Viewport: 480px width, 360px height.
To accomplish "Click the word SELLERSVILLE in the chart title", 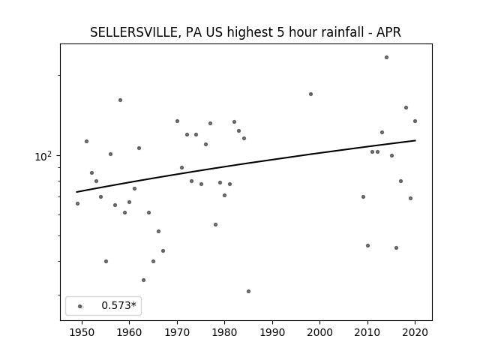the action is pos(133,32).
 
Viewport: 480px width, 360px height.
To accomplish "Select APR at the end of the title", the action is pos(388,32).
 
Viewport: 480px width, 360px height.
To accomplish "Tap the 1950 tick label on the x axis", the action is pos(82,332).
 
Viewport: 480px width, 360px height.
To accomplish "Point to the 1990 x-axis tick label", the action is pos(272,332).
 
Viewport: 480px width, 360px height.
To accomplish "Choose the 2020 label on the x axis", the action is pos(415,332).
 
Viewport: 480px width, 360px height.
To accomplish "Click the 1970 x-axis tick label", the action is pos(177,332).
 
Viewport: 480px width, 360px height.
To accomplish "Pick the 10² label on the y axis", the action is pos(43,156).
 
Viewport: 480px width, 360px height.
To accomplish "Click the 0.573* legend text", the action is pos(118,305).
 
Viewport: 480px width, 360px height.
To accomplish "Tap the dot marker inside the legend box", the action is pos(80,307).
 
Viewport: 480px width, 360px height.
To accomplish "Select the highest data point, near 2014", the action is pos(387,58).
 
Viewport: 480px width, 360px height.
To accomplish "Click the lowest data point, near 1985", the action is pos(248,292).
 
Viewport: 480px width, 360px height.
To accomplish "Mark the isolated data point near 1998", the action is pos(310,94).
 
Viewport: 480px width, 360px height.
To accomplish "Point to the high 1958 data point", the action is pos(120,100).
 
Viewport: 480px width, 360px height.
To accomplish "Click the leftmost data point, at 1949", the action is pos(77,203).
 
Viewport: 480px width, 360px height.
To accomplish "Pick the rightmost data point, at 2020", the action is pos(415,121).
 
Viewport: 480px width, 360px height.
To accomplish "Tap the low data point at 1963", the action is pos(143,280).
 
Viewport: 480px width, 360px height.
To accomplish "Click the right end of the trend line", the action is pos(415,140).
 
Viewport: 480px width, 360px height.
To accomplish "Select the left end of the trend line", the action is pos(76,192).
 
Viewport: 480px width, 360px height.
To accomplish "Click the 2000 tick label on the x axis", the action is pos(320,332).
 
